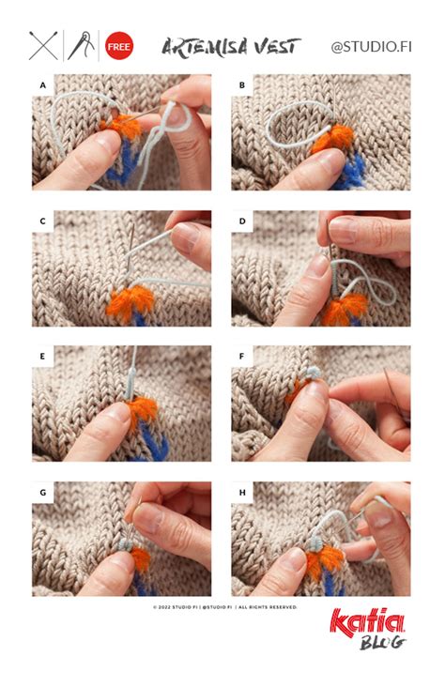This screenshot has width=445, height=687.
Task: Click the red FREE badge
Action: pos(119,46)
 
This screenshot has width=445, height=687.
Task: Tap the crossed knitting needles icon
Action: pos(43,46)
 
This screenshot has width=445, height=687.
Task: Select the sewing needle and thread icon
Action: pos(81,46)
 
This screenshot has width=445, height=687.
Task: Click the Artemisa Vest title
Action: pos(231,46)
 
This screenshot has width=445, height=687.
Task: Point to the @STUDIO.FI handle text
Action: pos(371,47)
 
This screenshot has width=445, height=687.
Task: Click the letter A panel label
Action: pos(42,85)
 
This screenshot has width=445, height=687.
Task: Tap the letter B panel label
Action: pos(242,85)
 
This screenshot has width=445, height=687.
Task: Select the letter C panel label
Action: pos(42,221)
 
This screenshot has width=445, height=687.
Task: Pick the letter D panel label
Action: pos(242,221)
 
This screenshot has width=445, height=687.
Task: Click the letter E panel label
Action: pos(42,357)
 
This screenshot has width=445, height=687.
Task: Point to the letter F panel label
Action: pos(241,357)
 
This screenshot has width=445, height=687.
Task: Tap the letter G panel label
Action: pos(42,493)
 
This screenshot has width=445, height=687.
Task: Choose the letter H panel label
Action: pos(242,493)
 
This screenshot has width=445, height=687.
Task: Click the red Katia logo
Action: pos(367,621)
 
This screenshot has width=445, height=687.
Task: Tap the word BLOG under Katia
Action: pos(382,643)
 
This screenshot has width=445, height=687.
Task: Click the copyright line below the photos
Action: pos(225,607)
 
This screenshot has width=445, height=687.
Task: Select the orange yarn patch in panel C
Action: pos(130,301)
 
